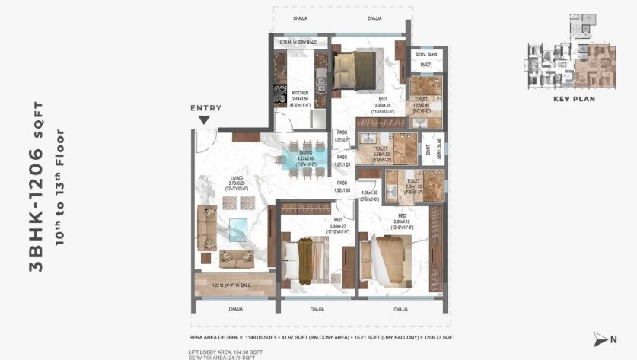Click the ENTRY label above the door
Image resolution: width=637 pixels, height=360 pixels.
(205, 108)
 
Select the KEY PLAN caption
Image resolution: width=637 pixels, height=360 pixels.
(574, 99)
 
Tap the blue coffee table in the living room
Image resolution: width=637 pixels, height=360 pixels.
(237, 229)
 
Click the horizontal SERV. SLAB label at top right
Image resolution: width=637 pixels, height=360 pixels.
(424, 54)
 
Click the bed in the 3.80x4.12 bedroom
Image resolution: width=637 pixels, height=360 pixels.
(387, 259)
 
